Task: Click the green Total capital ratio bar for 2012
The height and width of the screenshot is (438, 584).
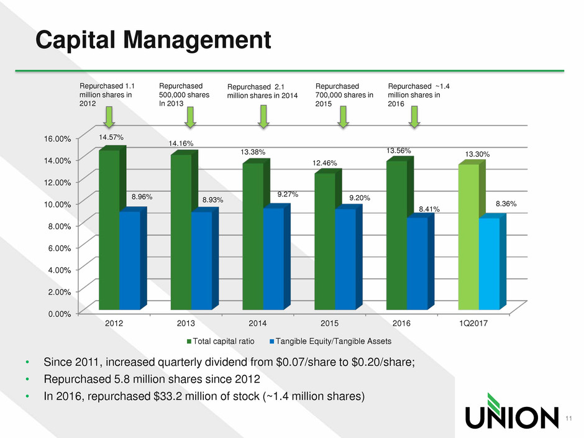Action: pyautogui.click(x=109, y=230)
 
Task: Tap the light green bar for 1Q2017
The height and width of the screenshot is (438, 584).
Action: pyautogui.click(x=468, y=237)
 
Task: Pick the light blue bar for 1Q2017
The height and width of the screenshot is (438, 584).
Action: pyautogui.click(x=488, y=263)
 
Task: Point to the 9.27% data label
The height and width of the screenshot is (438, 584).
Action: pyautogui.click(x=288, y=194)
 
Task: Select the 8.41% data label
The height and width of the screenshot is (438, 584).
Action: pyautogui.click(x=429, y=209)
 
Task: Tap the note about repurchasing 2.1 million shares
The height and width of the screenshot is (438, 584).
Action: pyautogui.click(x=263, y=91)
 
